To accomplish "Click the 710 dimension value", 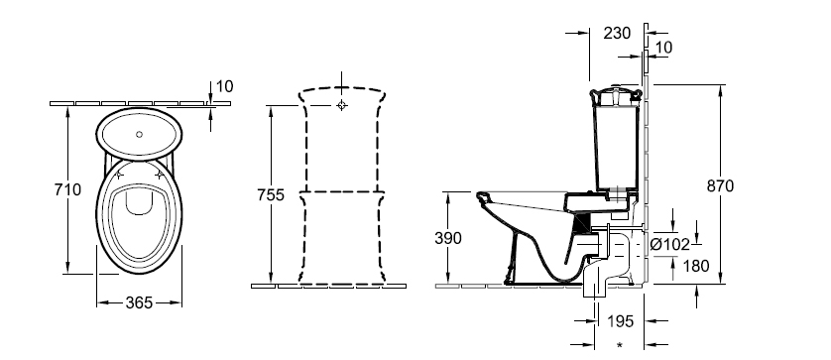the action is (x=67, y=189).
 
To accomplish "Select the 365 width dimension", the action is (x=139, y=302).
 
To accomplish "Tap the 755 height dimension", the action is (x=271, y=195).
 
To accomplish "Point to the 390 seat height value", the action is (x=448, y=238).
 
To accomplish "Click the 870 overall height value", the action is (x=720, y=186).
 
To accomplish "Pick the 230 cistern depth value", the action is (x=618, y=33).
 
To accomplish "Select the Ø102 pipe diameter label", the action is (x=670, y=244).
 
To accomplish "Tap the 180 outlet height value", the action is (x=696, y=266).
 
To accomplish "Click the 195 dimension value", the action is (x=620, y=320).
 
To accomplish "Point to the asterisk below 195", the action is (x=620, y=346).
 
